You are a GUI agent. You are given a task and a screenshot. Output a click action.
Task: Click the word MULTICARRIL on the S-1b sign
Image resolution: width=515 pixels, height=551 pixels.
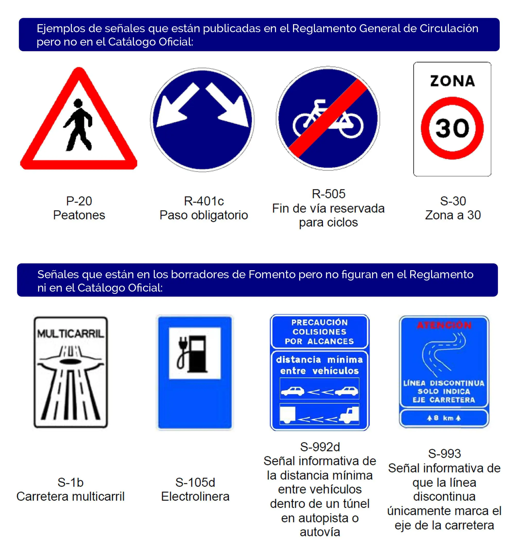71,334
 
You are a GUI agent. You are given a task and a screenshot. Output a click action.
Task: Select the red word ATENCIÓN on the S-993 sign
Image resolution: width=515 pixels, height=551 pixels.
444,325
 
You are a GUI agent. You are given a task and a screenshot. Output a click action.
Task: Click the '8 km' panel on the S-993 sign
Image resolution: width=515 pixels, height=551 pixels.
444,418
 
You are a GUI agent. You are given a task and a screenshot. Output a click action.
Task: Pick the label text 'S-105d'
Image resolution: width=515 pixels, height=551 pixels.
195,483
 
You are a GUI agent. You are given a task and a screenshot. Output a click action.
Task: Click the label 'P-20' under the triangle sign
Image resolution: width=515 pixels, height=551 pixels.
79,201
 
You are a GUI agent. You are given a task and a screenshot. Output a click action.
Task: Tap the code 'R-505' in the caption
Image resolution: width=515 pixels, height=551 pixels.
328,194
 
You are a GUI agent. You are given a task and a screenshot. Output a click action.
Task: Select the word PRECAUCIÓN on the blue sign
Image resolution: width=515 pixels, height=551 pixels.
319,322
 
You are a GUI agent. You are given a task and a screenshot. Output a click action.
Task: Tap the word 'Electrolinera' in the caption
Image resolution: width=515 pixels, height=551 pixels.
195,497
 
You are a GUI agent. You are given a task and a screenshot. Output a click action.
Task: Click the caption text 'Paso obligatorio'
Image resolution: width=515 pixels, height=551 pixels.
204,215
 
